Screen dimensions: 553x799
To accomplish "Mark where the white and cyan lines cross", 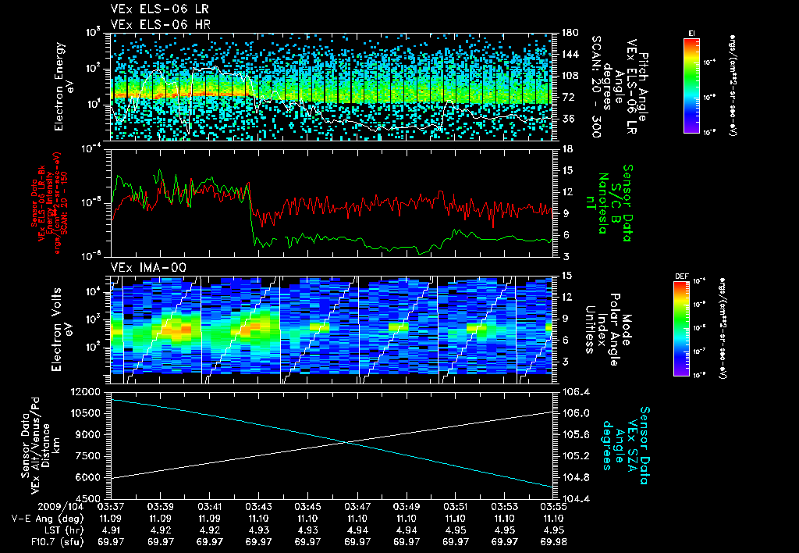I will click(x=344, y=443).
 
